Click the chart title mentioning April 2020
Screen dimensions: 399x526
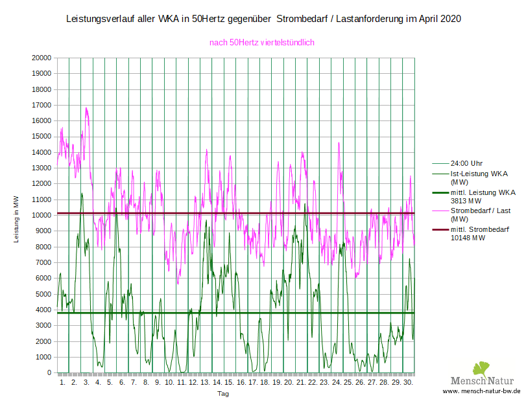263,19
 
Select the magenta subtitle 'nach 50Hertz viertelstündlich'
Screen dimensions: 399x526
261,43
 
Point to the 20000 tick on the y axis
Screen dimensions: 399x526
42,58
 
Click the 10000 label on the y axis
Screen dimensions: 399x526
42,216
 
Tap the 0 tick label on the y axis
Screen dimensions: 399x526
49,373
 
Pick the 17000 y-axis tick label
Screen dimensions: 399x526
42,105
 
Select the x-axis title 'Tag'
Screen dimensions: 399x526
222,393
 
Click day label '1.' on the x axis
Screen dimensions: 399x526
63,383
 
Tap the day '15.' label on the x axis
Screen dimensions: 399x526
229,383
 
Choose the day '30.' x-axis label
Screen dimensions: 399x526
407,383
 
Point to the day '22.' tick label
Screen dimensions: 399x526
312,383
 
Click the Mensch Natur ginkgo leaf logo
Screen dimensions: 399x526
479,369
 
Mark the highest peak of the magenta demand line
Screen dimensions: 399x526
86,108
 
